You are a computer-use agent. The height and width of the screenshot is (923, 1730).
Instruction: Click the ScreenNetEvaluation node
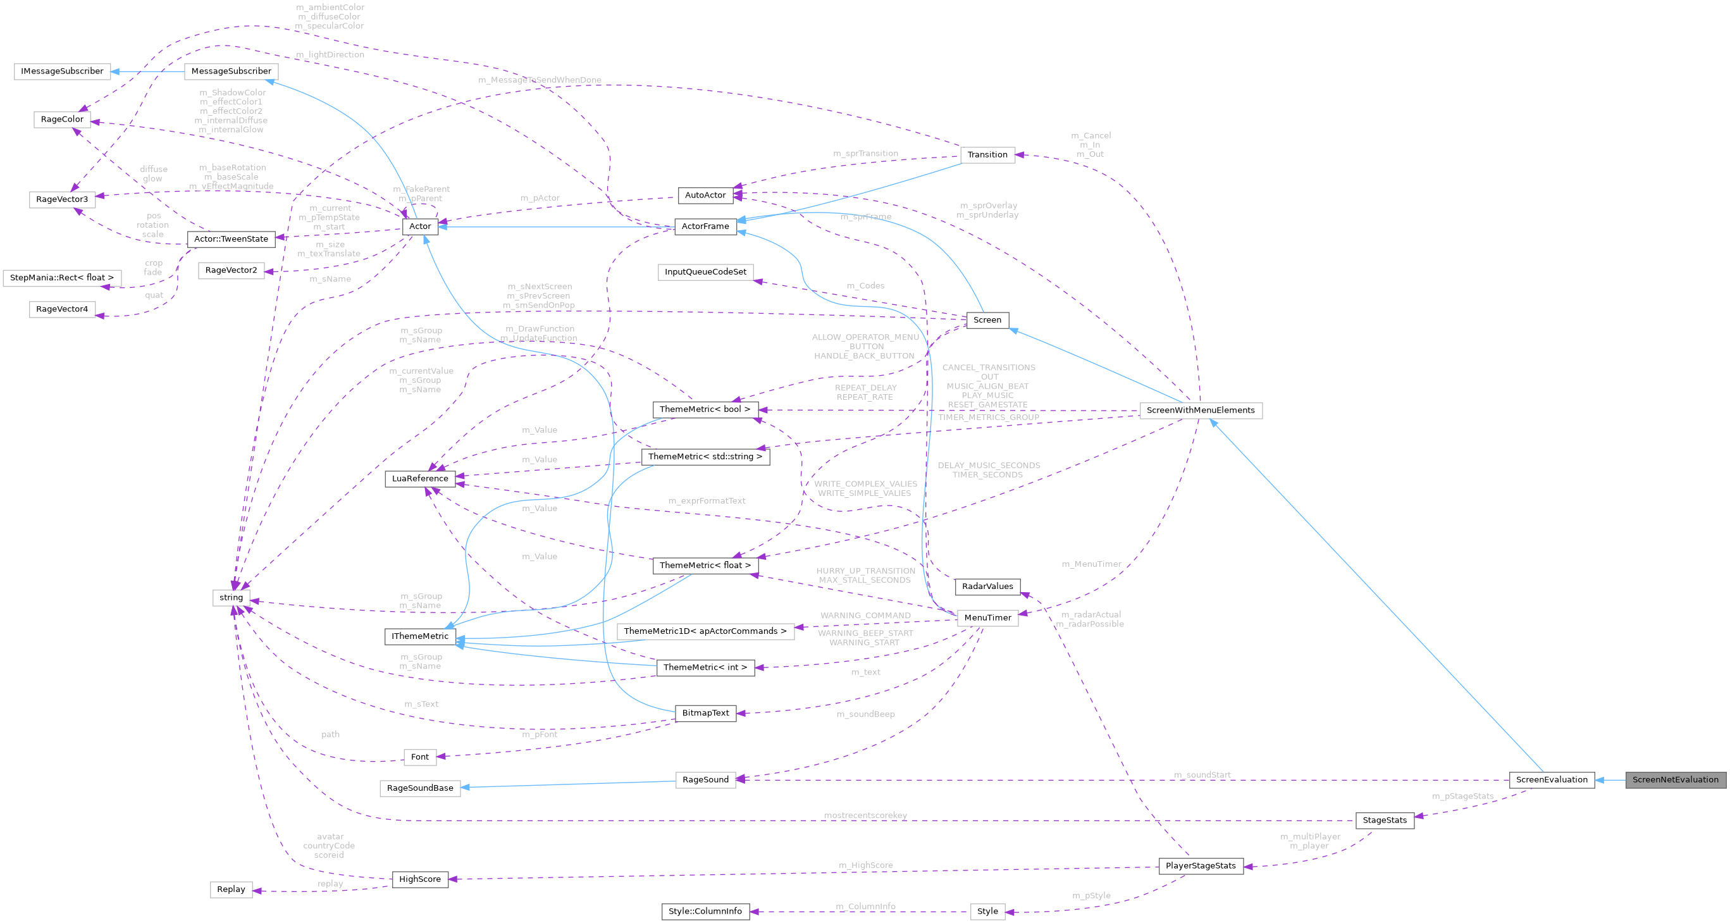1675,779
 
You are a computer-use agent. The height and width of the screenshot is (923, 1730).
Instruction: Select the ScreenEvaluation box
1552,779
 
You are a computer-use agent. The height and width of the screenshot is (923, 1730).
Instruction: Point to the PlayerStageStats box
1200,865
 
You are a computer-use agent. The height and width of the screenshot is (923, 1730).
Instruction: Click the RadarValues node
987,586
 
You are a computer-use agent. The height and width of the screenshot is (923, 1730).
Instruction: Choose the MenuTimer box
987,617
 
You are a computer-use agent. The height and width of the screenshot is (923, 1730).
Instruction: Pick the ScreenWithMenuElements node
1200,410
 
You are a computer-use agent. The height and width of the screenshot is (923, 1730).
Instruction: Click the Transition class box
987,154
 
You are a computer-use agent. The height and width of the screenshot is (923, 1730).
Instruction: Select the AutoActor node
705,195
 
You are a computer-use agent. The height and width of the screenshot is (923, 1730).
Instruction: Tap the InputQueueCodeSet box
705,271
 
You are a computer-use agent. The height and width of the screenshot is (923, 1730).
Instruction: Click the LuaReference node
420,478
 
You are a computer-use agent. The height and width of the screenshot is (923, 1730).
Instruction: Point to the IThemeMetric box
420,636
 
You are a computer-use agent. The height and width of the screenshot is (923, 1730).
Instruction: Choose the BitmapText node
705,713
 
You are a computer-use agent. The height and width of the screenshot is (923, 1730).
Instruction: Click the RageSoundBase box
420,788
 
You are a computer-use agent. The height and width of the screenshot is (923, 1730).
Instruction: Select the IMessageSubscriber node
62,71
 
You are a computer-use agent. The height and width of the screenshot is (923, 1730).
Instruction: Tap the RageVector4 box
62,309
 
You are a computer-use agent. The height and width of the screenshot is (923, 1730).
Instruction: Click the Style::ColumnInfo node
705,911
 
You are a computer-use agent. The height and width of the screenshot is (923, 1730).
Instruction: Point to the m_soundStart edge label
1201,774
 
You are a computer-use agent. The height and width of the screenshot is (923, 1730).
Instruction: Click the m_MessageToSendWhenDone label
540,80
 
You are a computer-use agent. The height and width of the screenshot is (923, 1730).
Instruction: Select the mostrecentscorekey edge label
865,815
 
